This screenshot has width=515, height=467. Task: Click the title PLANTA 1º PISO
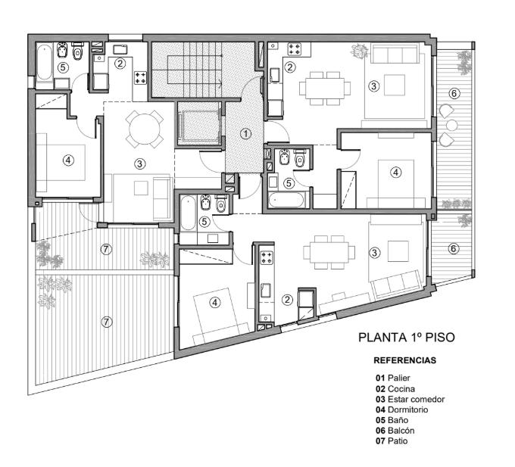point(406,338)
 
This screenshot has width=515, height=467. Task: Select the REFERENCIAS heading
point(404,360)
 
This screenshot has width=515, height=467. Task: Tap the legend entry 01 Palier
point(393,378)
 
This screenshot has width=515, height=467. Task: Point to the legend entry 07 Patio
point(392,441)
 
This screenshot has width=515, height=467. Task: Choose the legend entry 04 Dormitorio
point(402,409)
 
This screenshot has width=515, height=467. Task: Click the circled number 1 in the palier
point(245,133)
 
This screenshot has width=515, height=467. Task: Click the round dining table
point(144,129)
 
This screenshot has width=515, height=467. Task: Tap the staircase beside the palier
point(195,70)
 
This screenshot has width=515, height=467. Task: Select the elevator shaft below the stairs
point(198,123)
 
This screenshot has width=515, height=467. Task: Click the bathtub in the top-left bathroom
point(44,63)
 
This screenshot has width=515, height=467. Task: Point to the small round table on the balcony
point(452,125)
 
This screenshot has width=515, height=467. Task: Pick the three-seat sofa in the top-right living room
point(395,54)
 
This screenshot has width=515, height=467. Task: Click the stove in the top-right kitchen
point(294,49)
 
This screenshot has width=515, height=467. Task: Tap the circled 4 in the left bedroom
point(68,160)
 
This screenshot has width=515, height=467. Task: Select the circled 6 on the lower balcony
point(453,248)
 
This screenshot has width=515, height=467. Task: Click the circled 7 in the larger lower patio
point(106,322)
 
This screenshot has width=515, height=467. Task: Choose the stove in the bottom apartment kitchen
point(267,257)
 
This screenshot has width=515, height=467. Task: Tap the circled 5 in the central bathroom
point(204,222)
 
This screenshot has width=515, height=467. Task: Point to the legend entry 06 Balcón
point(395,430)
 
